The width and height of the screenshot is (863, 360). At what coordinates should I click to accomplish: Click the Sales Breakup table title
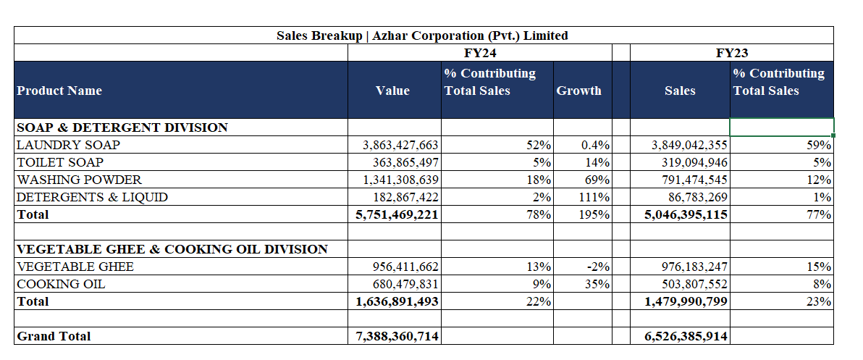click(422, 35)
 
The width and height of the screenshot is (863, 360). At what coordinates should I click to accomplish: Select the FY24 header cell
click(481, 53)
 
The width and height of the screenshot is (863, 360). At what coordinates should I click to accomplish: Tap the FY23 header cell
click(731, 53)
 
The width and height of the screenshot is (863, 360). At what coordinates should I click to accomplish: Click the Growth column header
click(578, 91)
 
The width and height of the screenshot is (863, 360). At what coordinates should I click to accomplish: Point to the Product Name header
click(59, 91)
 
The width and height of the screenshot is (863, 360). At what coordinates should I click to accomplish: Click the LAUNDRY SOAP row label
click(68, 145)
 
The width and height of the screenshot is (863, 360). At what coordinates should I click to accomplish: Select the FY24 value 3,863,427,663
click(400, 145)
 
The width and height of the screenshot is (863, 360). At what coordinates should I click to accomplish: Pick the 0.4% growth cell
click(595, 145)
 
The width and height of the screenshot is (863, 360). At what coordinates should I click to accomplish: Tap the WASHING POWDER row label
click(79, 180)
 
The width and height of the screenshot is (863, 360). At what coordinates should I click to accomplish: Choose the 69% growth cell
click(598, 180)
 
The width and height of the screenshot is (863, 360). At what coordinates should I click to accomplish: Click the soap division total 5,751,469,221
click(397, 214)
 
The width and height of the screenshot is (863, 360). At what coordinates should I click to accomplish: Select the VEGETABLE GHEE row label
click(75, 267)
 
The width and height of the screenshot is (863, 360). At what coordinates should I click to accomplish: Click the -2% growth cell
click(598, 267)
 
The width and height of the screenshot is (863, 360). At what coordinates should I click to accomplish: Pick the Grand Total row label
click(54, 336)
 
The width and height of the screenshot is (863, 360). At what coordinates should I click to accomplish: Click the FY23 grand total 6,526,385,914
click(686, 336)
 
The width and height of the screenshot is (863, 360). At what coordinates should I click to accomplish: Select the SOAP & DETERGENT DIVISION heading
click(122, 127)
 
